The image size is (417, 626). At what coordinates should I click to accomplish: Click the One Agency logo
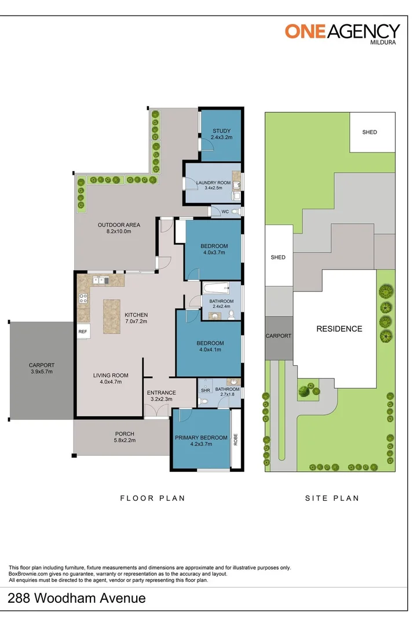342,31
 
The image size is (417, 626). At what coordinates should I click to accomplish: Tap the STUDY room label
221,130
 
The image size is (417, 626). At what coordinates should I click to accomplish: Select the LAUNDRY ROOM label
213,183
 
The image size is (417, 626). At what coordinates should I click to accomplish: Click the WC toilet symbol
236,212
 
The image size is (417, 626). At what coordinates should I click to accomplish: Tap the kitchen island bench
112,316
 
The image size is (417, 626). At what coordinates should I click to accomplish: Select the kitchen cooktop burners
83,299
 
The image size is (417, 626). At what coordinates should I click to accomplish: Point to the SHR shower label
204,390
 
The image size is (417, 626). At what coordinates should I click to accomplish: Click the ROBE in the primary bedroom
236,438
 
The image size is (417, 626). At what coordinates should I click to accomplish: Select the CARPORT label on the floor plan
41,365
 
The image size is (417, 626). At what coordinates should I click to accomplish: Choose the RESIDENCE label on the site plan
339,329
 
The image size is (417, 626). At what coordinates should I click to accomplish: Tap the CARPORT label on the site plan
278,336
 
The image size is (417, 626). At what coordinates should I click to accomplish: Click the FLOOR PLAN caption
152,498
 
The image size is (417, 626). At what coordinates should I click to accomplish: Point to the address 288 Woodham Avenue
76,598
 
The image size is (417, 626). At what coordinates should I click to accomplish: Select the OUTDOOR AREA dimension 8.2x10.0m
115,231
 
